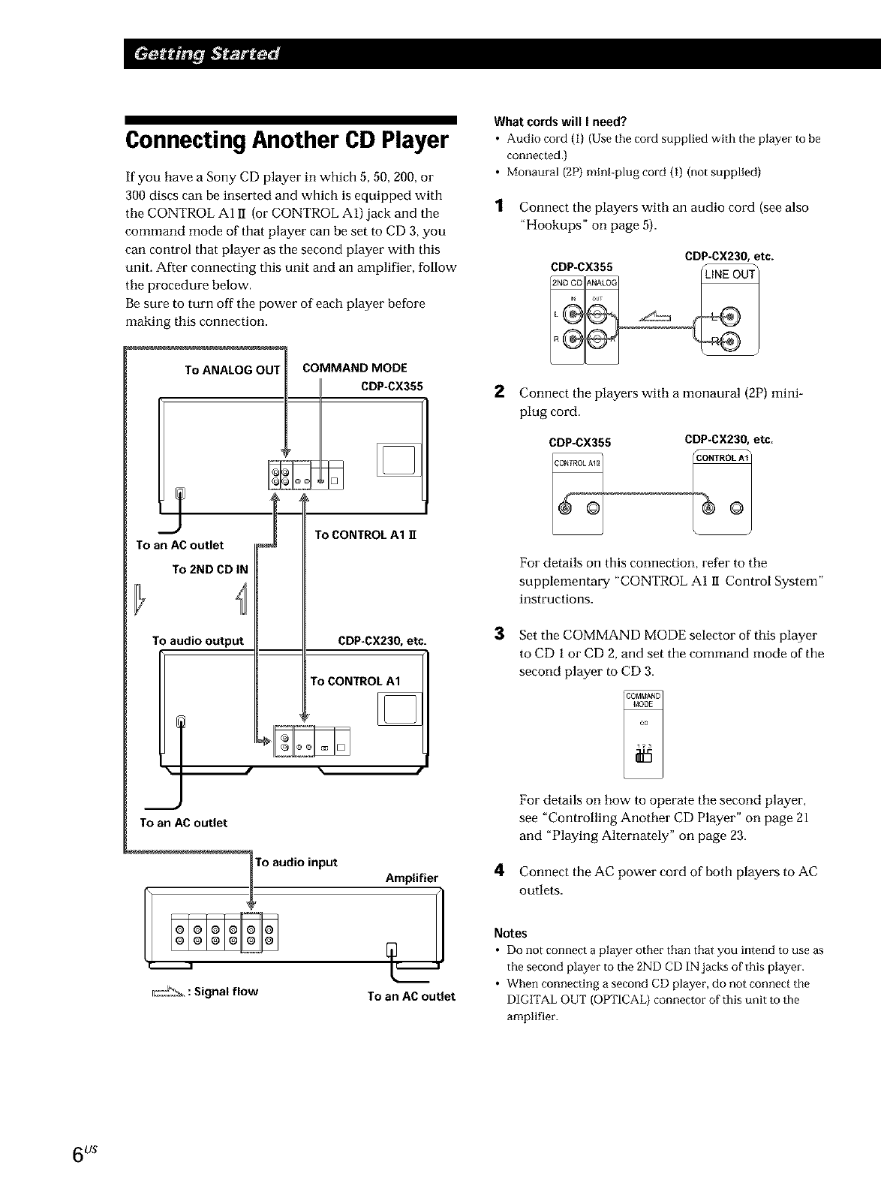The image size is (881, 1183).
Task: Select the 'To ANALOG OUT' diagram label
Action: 232,369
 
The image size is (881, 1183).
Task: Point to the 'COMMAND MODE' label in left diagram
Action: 354,368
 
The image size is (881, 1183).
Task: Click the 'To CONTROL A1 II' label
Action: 365,535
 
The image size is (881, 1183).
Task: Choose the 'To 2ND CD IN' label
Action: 209,569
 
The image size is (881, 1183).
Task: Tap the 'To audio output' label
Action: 198,640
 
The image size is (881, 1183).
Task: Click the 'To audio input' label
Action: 297,861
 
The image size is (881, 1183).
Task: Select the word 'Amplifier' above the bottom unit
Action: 410,877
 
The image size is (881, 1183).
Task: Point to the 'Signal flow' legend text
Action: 225,991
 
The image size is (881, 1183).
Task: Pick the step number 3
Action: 498,634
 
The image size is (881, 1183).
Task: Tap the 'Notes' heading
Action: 510,933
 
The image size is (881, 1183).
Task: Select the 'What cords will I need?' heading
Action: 559,122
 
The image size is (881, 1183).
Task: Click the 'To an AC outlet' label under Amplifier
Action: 411,996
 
